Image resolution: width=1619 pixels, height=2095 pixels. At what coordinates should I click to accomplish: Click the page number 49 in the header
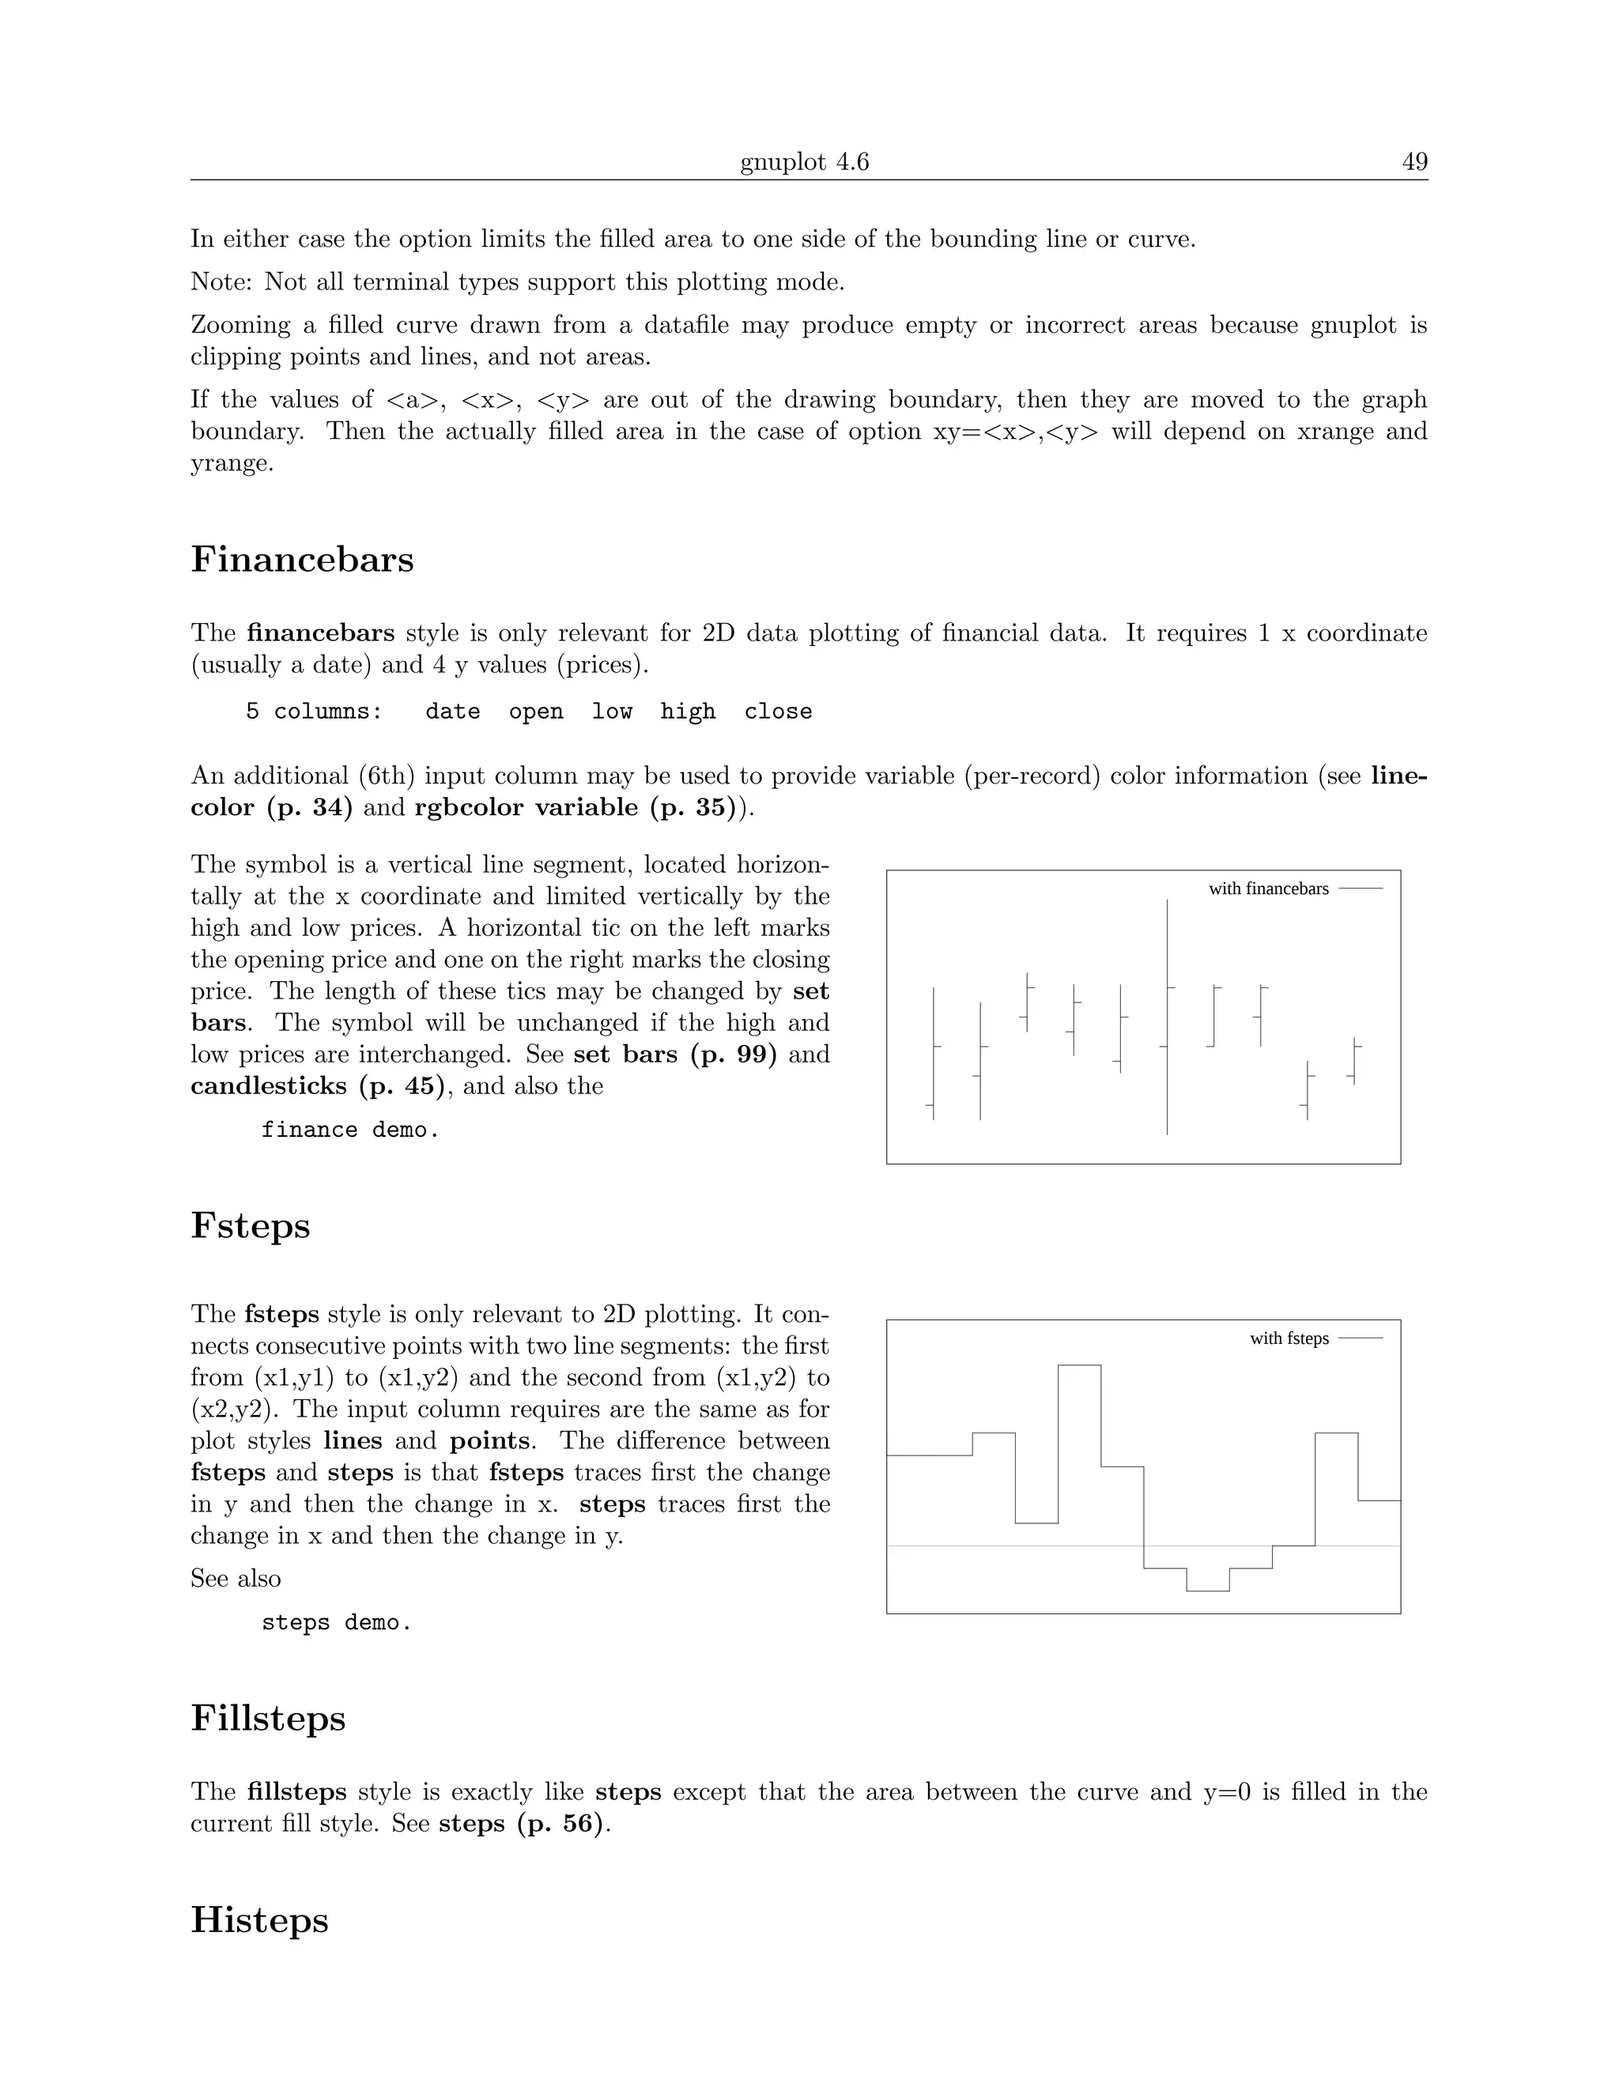point(1413,162)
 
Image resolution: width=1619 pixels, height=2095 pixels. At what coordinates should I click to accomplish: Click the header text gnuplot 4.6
point(804,162)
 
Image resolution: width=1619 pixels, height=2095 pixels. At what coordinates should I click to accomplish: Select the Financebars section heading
point(302,559)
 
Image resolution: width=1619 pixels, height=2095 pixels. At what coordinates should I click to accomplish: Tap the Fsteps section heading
point(251,1226)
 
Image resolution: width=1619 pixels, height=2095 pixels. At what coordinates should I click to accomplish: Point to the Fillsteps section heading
point(268,1718)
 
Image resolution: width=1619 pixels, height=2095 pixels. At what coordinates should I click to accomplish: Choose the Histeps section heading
point(259,1919)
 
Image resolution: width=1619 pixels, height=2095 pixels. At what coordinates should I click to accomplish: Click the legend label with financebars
point(1268,889)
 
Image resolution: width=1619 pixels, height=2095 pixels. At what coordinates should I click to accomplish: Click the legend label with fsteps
point(1289,1338)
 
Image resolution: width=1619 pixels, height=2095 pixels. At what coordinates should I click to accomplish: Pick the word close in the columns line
point(778,712)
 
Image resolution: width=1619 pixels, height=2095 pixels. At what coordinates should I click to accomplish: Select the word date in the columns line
point(453,712)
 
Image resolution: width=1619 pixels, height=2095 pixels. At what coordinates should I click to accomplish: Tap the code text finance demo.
point(350,1130)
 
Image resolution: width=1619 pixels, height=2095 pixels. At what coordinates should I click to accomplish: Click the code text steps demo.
point(337,1623)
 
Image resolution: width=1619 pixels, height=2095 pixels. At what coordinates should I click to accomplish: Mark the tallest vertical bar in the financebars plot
point(1168,1017)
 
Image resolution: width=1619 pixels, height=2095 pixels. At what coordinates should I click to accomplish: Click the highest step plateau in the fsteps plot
point(1079,1365)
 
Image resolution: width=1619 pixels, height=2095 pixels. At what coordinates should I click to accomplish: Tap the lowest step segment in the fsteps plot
point(1208,1591)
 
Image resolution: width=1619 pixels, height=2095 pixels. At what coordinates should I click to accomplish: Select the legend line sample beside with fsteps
point(1360,1338)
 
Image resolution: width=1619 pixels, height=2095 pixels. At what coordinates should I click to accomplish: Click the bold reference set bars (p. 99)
point(674,1055)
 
